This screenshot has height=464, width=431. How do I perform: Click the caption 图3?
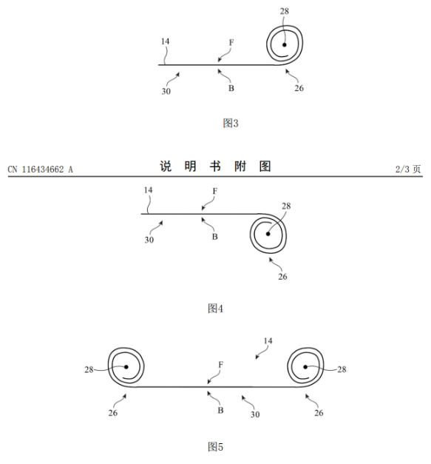(231, 123)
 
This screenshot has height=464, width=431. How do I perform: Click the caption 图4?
(215, 309)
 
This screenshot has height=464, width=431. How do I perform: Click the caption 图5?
(215, 446)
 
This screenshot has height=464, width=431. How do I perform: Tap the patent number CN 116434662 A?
(40, 169)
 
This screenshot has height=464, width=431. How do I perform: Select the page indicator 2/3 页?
(408, 169)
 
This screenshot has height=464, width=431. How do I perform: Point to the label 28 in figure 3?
(285, 11)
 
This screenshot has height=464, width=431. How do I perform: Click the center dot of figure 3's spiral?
(285, 44)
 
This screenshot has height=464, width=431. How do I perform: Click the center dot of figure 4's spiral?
(268, 234)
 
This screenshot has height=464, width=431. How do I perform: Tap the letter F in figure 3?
(231, 43)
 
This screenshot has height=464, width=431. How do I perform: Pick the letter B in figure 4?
(215, 237)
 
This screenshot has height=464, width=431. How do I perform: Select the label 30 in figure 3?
(166, 91)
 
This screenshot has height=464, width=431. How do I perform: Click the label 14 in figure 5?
(268, 341)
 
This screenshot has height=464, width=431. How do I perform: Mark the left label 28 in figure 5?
(89, 369)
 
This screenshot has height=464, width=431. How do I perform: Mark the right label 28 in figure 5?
(342, 369)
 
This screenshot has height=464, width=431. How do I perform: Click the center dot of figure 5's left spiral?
(126, 367)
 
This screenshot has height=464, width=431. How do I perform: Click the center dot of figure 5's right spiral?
(305, 367)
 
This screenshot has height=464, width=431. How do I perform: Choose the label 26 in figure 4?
(282, 276)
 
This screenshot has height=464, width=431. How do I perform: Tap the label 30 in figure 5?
(255, 414)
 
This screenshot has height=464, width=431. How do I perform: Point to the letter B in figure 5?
(220, 411)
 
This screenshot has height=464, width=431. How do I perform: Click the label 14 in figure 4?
(148, 190)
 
